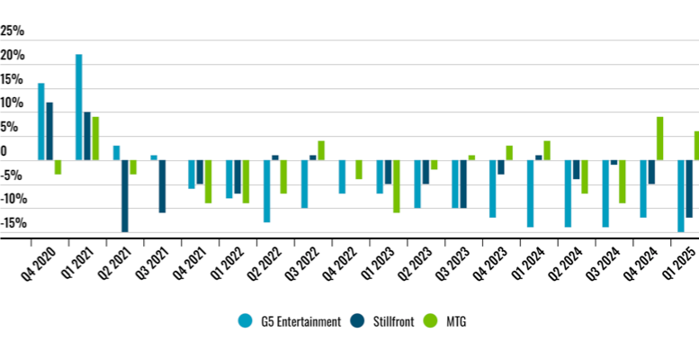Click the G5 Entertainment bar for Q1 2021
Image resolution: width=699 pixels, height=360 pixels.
[79, 107]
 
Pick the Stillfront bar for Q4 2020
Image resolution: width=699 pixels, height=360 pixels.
[49, 130]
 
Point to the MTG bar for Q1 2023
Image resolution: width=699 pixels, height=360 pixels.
[396, 186]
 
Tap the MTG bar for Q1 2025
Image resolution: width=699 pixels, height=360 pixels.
[696, 146]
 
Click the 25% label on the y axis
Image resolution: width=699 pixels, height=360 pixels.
[13, 31]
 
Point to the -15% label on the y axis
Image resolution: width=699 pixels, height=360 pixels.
[13, 223]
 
